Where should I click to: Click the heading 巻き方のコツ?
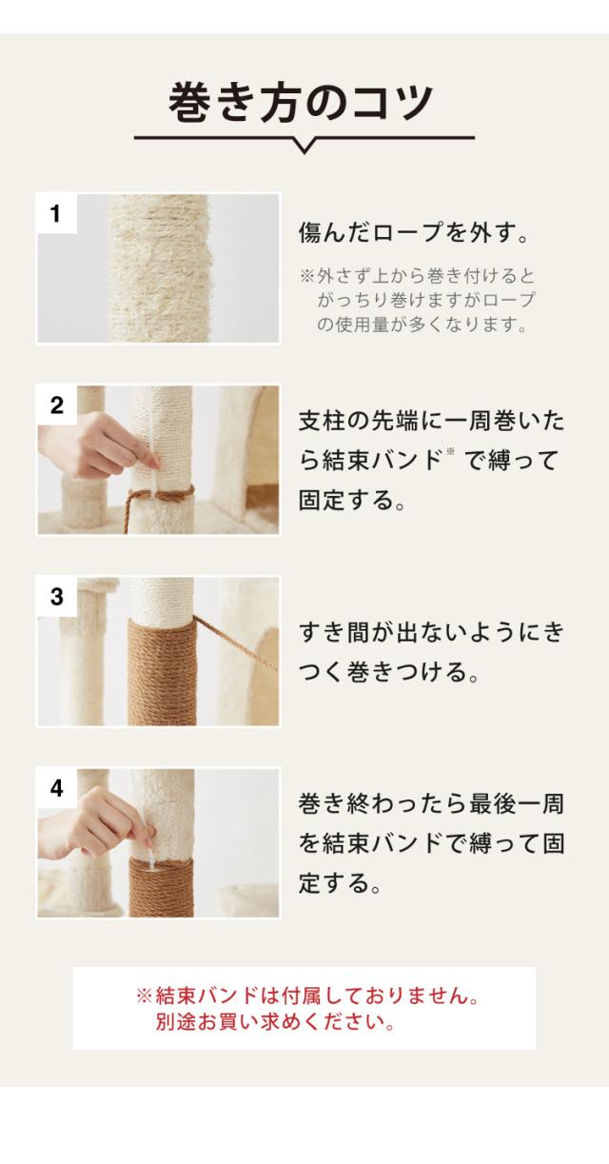pyautogui.click(x=301, y=103)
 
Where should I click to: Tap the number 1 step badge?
pyautogui.click(x=57, y=213)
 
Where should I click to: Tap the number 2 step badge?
pyautogui.click(x=57, y=405)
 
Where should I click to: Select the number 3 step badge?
pyautogui.click(x=57, y=597)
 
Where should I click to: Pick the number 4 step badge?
pyautogui.click(x=57, y=788)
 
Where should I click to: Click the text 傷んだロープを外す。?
pyautogui.click(x=414, y=232)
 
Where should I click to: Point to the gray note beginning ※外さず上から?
pyautogui.click(x=417, y=300)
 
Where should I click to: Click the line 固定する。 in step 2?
pyautogui.click(x=352, y=500)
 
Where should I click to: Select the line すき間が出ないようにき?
pyautogui.click(x=431, y=632)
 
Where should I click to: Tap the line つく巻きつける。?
pyautogui.click(x=388, y=672)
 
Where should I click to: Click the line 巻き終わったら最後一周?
pyautogui.click(x=431, y=803)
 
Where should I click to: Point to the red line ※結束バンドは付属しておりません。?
pyautogui.click(x=307, y=996)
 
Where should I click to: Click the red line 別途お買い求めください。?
pyautogui.click(x=275, y=1021)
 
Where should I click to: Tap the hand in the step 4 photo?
pyautogui.click(x=104, y=823)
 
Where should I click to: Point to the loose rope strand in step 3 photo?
pyautogui.click(x=236, y=642)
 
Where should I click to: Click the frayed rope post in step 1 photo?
pyautogui.click(x=160, y=268)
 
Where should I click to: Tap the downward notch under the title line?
pyautogui.click(x=304, y=145)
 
